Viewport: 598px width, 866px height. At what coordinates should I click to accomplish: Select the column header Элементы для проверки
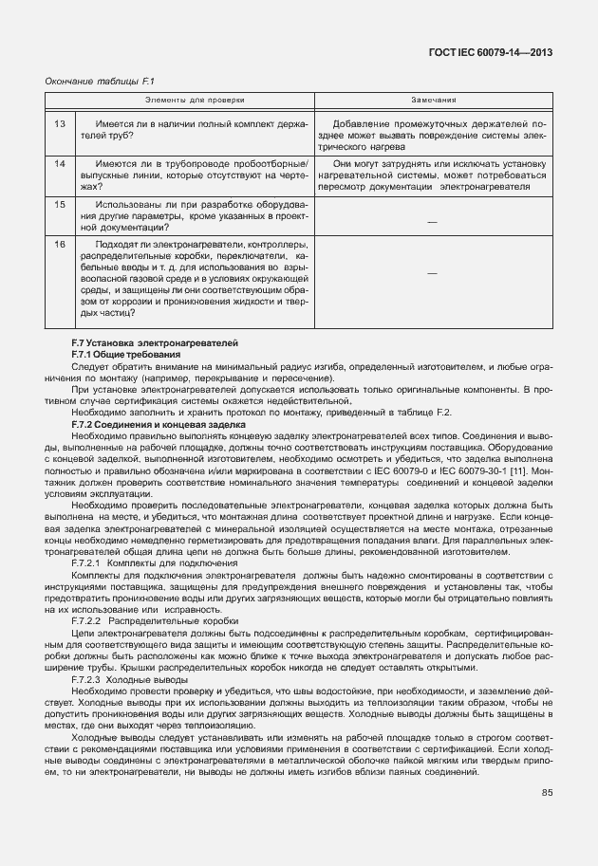tap(194, 99)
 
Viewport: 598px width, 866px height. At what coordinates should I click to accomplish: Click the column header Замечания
tap(434, 99)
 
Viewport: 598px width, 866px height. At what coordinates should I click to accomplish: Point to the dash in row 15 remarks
tap(433, 220)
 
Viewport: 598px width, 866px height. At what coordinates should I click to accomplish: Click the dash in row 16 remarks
tap(433, 273)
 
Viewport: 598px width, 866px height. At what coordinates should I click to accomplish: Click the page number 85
tap(547, 793)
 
